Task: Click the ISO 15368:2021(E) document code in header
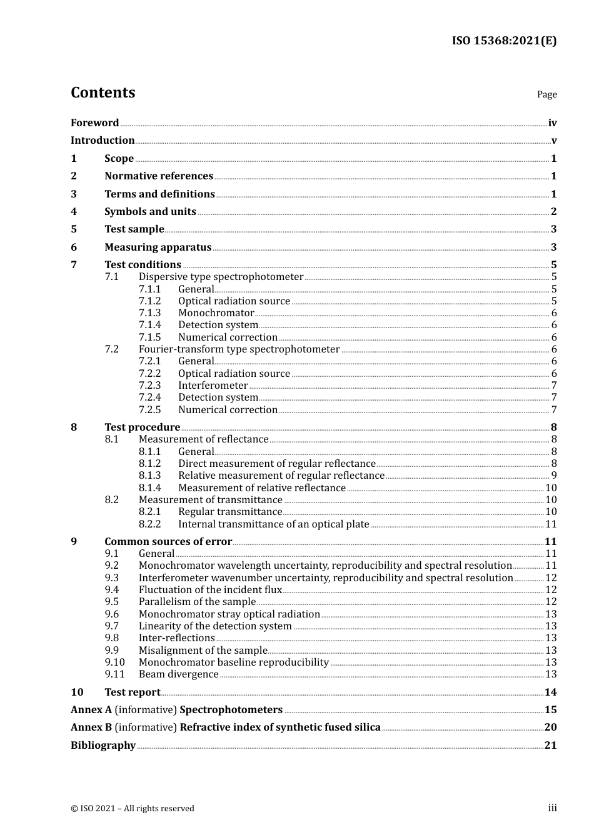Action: [x=504, y=41]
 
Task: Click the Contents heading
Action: [x=103, y=92]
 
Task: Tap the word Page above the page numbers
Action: [x=546, y=94]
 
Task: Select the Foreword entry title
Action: [x=94, y=123]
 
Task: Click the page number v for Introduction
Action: [x=553, y=141]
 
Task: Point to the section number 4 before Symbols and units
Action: [x=74, y=212]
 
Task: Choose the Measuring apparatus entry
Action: [x=158, y=247]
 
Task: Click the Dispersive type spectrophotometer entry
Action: [x=221, y=277]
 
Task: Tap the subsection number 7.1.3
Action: [x=149, y=313]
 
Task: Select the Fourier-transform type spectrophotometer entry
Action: [x=239, y=349]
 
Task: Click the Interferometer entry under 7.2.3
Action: [x=213, y=386]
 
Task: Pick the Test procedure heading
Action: [x=142, y=427]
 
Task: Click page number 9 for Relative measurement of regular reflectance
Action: [x=553, y=476]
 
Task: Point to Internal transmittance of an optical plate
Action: [x=273, y=524]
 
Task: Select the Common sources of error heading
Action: [x=168, y=542]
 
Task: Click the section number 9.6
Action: [x=111, y=614]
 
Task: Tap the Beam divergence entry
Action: [x=178, y=674]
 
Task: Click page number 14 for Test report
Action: [x=550, y=692]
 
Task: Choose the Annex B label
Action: [x=91, y=727]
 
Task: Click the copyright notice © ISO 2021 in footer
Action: [x=132, y=809]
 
